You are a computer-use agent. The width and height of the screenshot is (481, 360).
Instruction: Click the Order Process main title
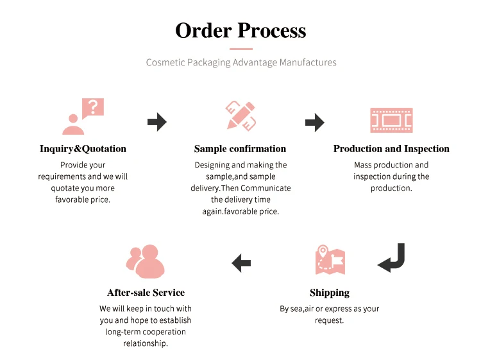point(240,30)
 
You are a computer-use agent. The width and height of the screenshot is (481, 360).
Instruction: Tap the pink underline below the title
point(240,49)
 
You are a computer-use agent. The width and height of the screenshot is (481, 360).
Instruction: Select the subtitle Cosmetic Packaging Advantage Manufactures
point(240,62)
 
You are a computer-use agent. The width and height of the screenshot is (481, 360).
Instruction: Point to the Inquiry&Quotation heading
point(83,149)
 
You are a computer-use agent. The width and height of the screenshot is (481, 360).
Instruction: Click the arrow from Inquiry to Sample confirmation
point(156,122)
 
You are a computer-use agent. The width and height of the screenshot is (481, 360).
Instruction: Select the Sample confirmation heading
point(240,149)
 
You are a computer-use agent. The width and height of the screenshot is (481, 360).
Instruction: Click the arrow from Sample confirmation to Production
point(314,122)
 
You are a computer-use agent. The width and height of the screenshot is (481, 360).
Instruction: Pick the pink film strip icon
point(391,120)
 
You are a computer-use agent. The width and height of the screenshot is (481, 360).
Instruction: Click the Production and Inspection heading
point(391,149)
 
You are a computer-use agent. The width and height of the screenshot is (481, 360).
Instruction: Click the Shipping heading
point(330,293)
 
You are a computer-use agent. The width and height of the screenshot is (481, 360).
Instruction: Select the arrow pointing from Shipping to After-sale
point(241,262)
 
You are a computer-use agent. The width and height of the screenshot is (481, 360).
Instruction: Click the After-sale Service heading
point(146,293)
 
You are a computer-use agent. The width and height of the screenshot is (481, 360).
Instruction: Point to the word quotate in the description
point(64,188)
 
